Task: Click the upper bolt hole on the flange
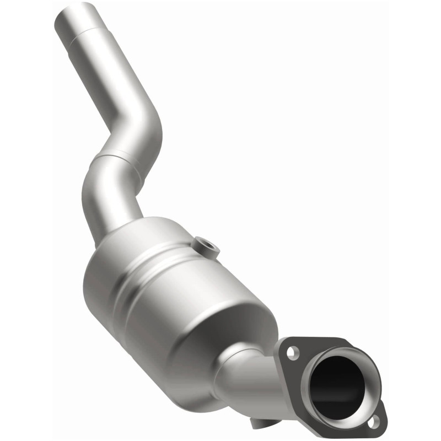(x=292, y=351)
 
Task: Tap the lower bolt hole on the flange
(x=375, y=422)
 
